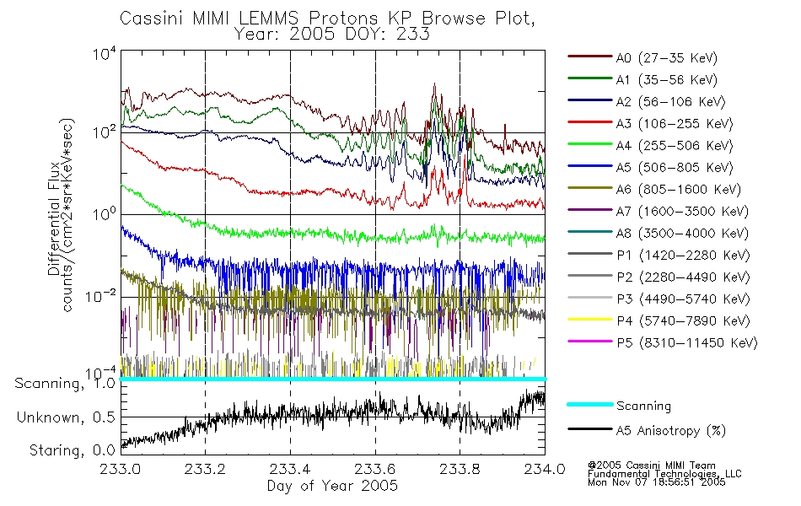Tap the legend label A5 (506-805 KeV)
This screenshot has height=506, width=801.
(x=675, y=168)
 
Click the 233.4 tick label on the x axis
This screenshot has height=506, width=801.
(x=290, y=469)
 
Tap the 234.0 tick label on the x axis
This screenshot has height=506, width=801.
(x=545, y=469)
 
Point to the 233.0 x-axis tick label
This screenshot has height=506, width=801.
(x=120, y=469)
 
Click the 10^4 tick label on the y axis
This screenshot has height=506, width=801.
(x=105, y=54)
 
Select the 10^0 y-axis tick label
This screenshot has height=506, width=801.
(x=105, y=213)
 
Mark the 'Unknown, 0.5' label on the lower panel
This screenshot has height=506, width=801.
(x=66, y=417)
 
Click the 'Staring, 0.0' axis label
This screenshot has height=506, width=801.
(x=72, y=450)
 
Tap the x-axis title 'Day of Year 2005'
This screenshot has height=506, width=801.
(x=332, y=486)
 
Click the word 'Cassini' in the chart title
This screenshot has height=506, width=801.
(x=153, y=19)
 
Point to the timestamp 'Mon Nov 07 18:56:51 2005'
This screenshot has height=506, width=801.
(x=657, y=482)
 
